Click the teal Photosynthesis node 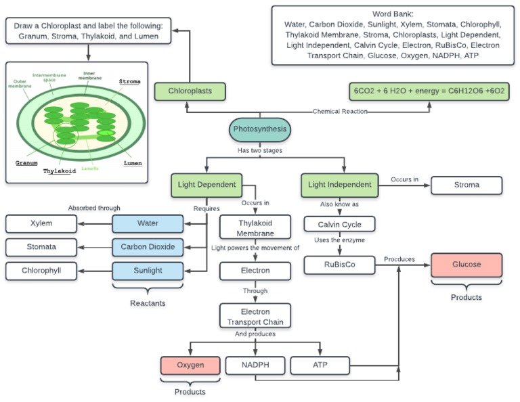click(260, 129)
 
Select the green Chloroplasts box click(189, 91)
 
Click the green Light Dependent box click(207, 185)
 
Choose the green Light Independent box click(339, 185)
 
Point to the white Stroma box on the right click(467, 185)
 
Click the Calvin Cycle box click(339, 224)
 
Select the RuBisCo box click(339, 265)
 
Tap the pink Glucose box click(467, 265)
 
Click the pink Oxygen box click(190, 365)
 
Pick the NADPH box click(255, 365)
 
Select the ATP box click(320, 365)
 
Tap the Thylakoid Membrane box click(255, 228)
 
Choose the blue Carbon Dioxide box click(148, 247)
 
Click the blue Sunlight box click(148, 271)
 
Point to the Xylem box click(41, 223)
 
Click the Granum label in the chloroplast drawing click(26, 163)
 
